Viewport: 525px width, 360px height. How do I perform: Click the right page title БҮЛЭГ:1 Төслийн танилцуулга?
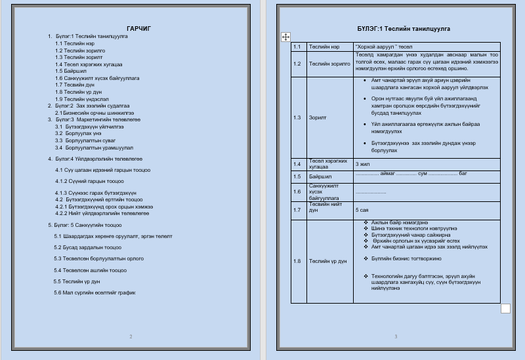[x=394, y=29]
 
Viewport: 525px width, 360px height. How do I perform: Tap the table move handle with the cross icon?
[x=285, y=37]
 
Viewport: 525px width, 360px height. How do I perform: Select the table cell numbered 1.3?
[x=297, y=117]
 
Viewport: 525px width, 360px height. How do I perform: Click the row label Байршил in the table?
[x=320, y=176]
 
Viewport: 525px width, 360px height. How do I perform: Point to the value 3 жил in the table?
[x=362, y=164]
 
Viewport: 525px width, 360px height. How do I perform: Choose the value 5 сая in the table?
[x=362, y=210]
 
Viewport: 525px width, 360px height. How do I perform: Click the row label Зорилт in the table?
[x=318, y=117]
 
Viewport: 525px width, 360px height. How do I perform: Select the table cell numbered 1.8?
[x=297, y=261]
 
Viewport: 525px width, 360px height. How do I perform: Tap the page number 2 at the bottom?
[x=131, y=336]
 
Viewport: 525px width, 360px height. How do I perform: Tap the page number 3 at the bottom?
[x=396, y=336]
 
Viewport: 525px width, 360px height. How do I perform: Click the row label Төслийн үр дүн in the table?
[x=327, y=261]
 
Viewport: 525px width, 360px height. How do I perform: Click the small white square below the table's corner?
[x=505, y=308]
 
